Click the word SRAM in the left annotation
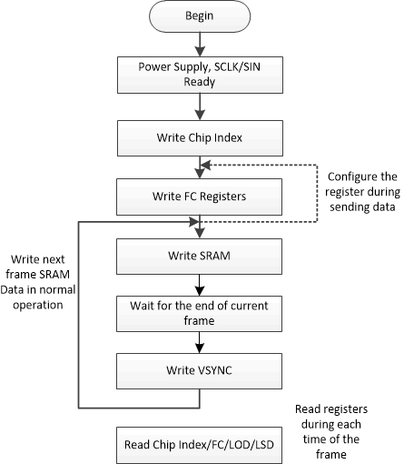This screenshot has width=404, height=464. click(x=62, y=275)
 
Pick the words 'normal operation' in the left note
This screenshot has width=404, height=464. click(x=41, y=298)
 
